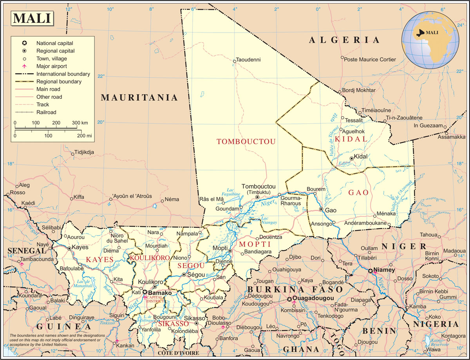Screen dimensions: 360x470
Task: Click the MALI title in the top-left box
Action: pos(32,18)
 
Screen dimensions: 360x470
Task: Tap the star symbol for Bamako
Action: pos(145,292)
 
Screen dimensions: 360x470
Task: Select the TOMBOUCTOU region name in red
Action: pos(246,141)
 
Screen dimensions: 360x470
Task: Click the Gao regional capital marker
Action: pos(321,210)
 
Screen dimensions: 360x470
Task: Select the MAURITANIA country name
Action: pos(139,98)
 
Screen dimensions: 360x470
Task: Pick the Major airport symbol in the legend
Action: pos(24,66)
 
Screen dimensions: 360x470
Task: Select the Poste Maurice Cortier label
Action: pos(370,60)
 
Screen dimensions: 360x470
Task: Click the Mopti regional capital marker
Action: pos(230,251)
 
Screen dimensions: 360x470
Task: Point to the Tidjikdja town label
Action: pos(84,152)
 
